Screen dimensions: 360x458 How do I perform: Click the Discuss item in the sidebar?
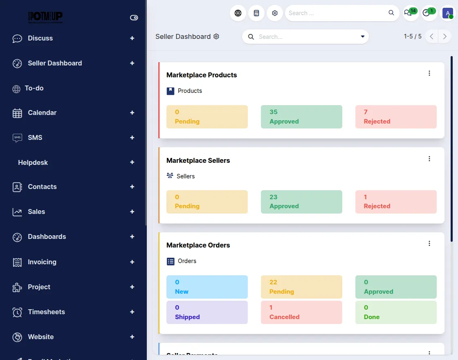click(x=40, y=38)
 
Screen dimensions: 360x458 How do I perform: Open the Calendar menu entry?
click(x=42, y=113)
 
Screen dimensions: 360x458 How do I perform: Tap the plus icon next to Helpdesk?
click(x=132, y=162)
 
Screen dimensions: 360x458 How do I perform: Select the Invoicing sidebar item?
click(x=42, y=262)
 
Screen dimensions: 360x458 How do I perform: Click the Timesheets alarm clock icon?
click(x=17, y=312)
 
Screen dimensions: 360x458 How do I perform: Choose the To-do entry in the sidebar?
click(x=34, y=88)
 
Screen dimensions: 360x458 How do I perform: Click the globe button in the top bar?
click(x=238, y=13)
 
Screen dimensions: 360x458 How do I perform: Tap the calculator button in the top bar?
click(x=256, y=13)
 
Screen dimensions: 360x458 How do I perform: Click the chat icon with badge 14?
click(x=408, y=13)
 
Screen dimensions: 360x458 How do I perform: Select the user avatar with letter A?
click(x=447, y=13)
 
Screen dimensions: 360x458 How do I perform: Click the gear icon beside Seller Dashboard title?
click(x=216, y=36)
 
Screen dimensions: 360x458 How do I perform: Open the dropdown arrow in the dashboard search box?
click(x=362, y=37)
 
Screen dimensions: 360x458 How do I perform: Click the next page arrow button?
click(x=445, y=36)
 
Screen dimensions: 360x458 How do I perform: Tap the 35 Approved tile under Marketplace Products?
click(x=301, y=117)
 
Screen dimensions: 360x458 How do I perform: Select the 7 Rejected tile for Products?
click(x=396, y=117)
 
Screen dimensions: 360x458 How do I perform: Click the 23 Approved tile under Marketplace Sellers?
click(x=301, y=202)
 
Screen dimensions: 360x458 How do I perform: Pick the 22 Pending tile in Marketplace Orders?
click(x=301, y=287)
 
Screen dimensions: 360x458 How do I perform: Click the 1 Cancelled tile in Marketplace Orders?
click(x=301, y=312)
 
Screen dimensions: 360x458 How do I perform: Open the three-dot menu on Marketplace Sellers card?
click(x=429, y=159)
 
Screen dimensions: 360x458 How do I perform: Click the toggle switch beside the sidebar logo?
click(x=134, y=18)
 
